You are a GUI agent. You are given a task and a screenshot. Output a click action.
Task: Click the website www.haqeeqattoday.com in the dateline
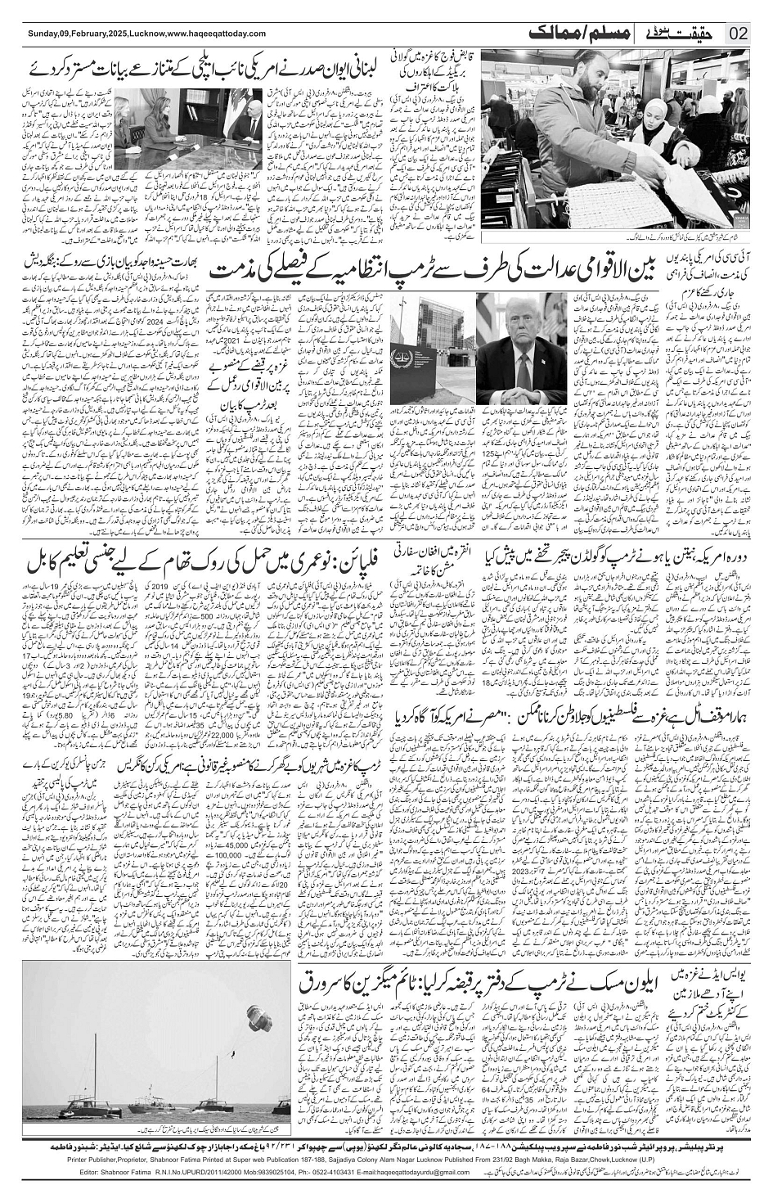click(x=216, y=34)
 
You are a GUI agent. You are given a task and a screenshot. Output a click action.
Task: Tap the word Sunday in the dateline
click(x=42, y=34)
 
